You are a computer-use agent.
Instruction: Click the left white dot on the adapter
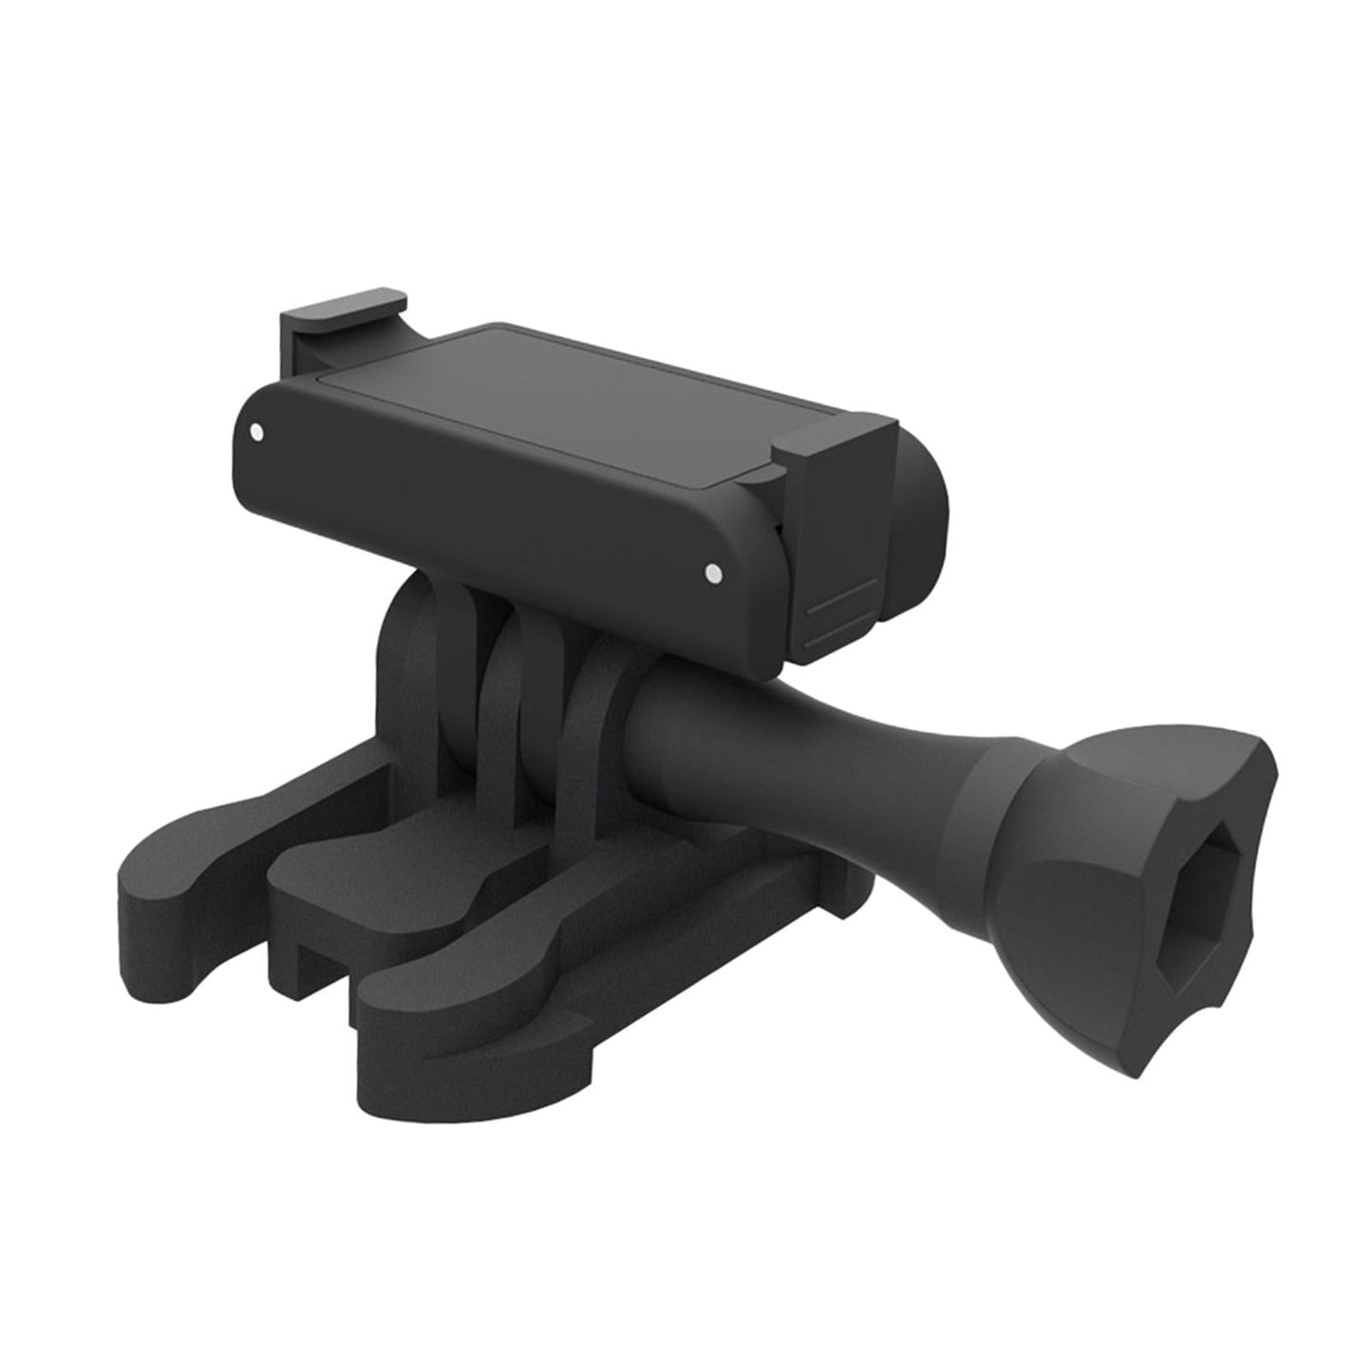[x=256, y=433]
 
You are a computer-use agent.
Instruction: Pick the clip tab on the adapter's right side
[x=836, y=475]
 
